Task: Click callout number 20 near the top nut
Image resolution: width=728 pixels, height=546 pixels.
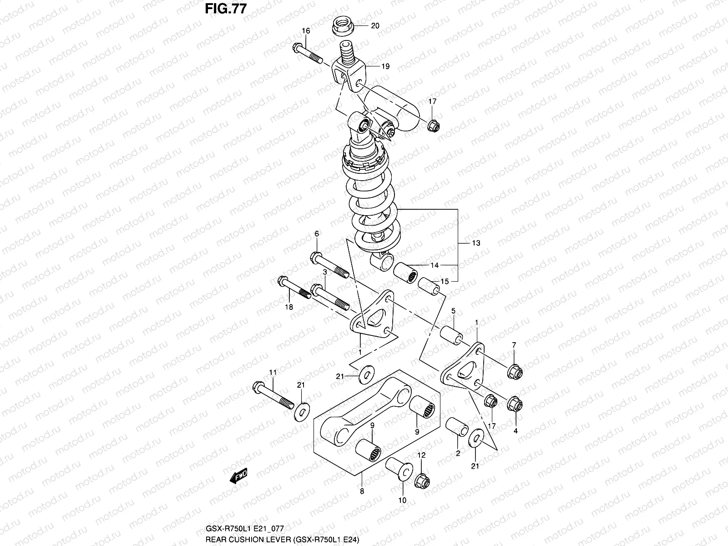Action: (x=375, y=26)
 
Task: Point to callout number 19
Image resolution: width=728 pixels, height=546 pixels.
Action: (x=385, y=66)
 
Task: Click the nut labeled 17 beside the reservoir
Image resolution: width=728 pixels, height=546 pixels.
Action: (x=433, y=125)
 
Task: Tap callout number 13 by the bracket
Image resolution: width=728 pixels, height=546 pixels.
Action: (x=476, y=243)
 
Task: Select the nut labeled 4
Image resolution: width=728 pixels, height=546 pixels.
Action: (x=515, y=404)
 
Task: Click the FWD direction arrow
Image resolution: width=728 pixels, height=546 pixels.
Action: (x=238, y=476)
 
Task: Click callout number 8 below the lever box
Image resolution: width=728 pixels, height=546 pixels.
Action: (x=362, y=491)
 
